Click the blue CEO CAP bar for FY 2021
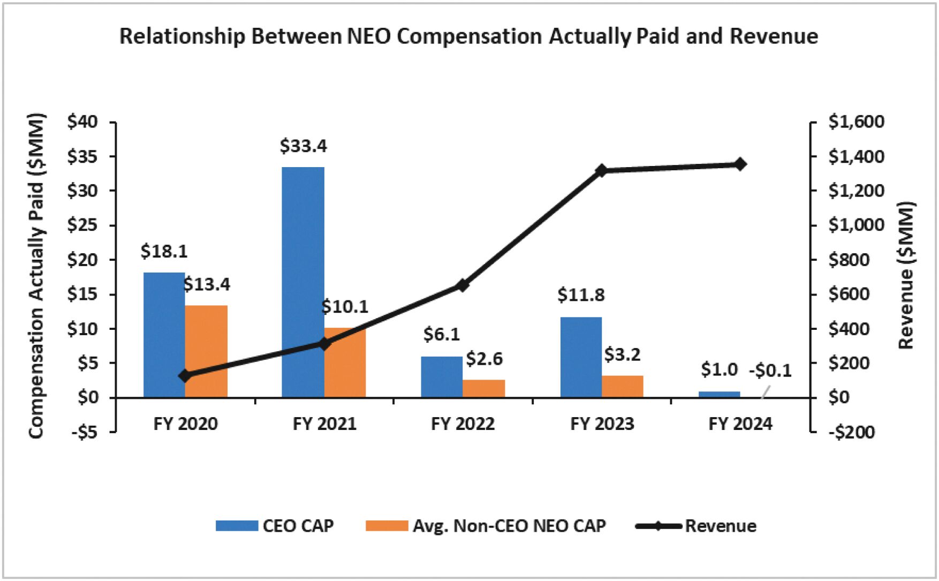pyautogui.click(x=303, y=282)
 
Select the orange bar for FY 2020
pyautogui.click(x=206, y=351)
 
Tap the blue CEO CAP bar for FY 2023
pyautogui.click(x=581, y=357)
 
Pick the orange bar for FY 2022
pyautogui.click(x=484, y=388)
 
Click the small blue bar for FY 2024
pyautogui.click(x=720, y=394)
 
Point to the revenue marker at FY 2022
pyautogui.click(x=463, y=285)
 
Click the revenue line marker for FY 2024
pyautogui.click(x=740, y=164)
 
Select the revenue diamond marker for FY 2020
pyautogui.click(x=185, y=375)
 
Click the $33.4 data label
pyautogui.click(x=303, y=146)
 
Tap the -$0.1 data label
pyautogui.click(x=770, y=371)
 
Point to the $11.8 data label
pyautogui.click(x=581, y=295)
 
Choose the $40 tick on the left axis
pyautogui.click(x=82, y=122)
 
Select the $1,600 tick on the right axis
pyautogui.click(x=856, y=122)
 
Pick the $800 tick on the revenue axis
pyautogui.click(x=849, y=260)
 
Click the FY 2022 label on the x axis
pyautogui.click(x=463, y=424)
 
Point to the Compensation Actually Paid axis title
pyautogui.click(x=36, y=276)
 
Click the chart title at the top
pyautogui.click(x=468, y=36)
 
